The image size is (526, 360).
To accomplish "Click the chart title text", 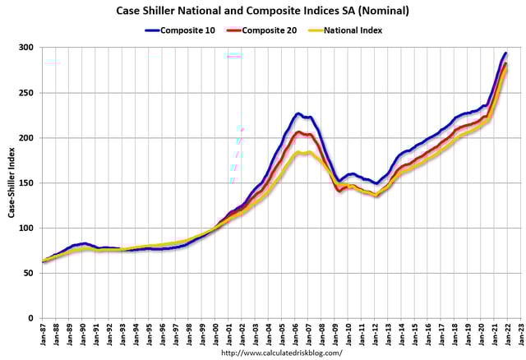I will click(x=264, y=11).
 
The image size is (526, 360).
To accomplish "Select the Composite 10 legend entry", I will click(x=192, y=30).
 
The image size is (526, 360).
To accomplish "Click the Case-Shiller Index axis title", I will click(x=12, y=182).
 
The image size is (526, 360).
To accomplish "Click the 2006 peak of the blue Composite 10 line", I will click(x=298, y=113).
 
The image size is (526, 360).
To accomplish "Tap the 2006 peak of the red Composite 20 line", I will click(x=299, y=132).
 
